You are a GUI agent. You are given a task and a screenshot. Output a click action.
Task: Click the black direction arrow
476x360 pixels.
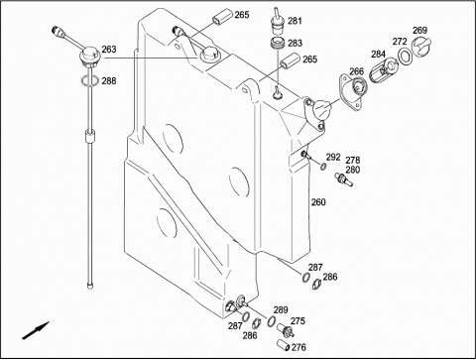[x=36, y=330]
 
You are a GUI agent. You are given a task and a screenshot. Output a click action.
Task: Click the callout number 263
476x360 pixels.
[x=109, y=50]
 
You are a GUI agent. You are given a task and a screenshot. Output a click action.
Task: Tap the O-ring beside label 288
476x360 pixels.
[x=89, y=80]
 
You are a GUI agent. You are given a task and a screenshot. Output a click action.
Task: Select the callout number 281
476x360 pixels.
[x=295, y=21]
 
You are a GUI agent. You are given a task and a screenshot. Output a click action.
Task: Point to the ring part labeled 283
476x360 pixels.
[x=277, y=44]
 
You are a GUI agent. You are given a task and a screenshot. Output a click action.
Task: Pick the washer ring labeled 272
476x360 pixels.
[x=405, y=57]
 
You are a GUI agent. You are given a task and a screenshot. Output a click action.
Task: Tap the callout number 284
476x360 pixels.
[x=378, y=54]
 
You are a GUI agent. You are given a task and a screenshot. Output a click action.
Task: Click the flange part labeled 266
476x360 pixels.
[x=352, y=92]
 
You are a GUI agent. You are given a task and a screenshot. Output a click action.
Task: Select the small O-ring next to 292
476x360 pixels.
[x=323, y=167]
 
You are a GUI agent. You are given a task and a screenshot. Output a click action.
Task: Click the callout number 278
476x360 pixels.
[x=353, y=161]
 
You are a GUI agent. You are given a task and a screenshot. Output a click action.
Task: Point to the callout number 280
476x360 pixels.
[x=353, y=170]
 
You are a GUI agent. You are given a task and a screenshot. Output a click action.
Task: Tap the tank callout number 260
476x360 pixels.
[x=318, y=202]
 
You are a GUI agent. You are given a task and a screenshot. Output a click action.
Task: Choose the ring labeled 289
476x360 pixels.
[x=272, y=320]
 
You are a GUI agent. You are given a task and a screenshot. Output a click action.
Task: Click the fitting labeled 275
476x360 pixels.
[x=286, y=330]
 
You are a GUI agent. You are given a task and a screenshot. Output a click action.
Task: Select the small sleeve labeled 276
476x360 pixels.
[x=284, y=345]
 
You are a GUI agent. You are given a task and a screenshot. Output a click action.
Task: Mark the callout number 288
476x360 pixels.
[x=109, y=80]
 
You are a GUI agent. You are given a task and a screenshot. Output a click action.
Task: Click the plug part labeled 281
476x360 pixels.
[x=277, y=22]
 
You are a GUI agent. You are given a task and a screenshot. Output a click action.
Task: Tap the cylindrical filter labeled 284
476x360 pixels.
[x=384, y=69]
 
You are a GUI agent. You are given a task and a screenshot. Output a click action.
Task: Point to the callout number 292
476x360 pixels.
[x=333, y=157]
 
